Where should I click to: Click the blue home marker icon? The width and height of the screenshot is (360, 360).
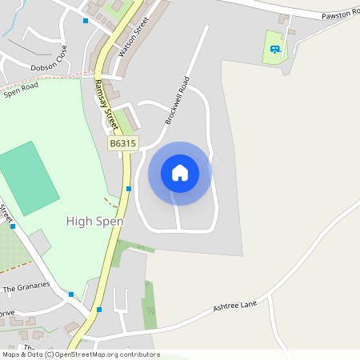(x=180, y=173)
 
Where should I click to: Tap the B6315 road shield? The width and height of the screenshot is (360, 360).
(x=123, y=143)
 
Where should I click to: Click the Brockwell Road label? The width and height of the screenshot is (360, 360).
(x=178, y=100)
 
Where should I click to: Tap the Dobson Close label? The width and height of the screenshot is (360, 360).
(x=50, y=68)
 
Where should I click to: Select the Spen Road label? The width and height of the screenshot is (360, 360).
(x=21, y=91)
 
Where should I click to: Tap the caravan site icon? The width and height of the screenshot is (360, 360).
(x=274, y=49)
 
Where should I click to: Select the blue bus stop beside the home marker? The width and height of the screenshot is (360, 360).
(x=129, y=189)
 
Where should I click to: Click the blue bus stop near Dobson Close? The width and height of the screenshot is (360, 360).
(x=86, y=21)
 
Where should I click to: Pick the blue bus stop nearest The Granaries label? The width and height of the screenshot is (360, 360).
(x=70, y=294)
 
